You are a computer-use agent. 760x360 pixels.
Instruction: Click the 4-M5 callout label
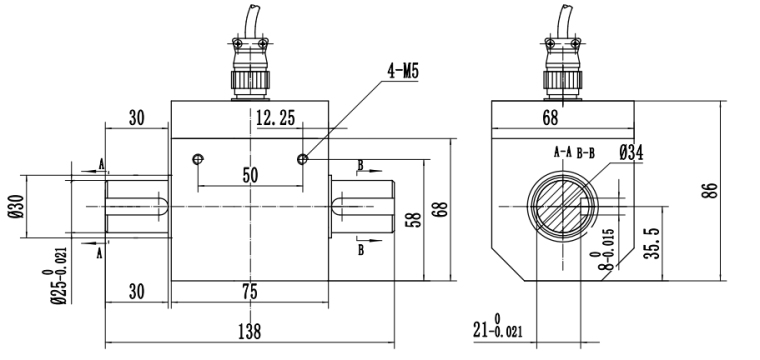[402, 71]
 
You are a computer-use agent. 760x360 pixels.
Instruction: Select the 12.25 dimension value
[275, 118]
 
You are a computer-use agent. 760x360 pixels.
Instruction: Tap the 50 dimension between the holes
[250, 175]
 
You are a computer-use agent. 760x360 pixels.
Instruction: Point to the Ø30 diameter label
[15, 206]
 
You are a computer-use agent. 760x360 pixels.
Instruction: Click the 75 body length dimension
[250, 292]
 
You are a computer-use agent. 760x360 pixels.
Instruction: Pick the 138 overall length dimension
[250, 332]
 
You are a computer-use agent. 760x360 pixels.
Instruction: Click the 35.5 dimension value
[653, 244]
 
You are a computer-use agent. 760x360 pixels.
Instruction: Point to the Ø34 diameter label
[631, 154]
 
